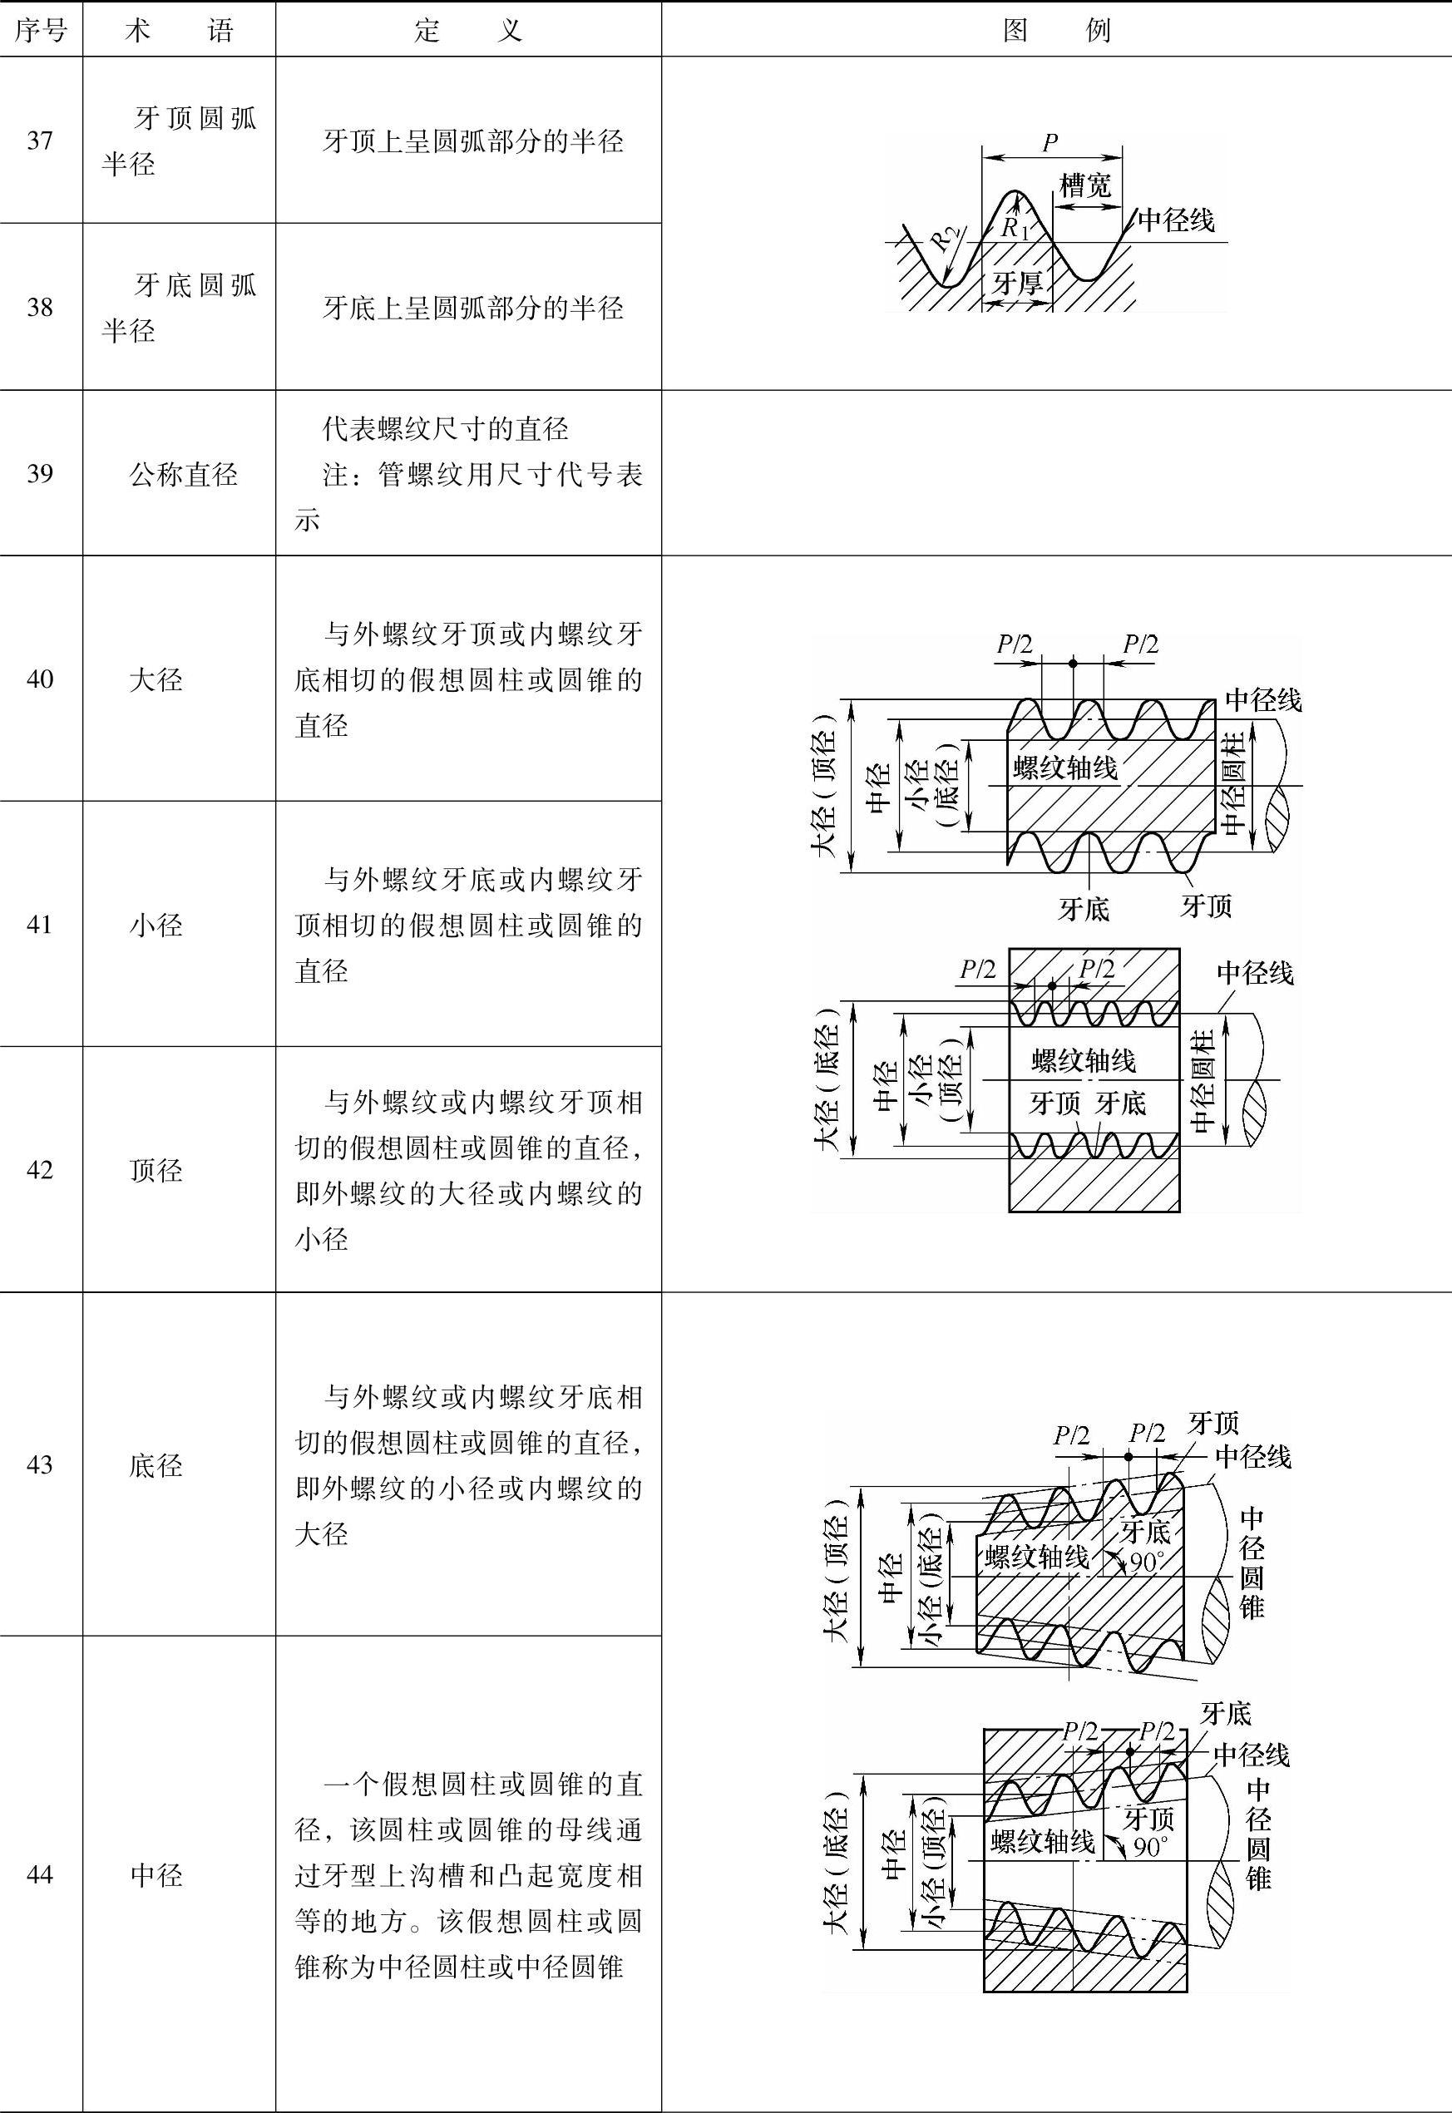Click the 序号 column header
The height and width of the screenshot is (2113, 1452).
[x=41, y=31]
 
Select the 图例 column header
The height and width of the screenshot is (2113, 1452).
[x=1056, y=31]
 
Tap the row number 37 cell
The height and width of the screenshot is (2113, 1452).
[x=40, y=141]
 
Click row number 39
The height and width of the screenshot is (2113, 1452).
[x=40, y=474]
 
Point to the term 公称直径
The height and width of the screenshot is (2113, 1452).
[x=183, y=474]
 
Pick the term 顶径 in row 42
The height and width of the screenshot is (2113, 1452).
[x=156, y=1170]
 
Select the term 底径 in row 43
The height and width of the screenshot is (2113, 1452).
[x=156, y=1465]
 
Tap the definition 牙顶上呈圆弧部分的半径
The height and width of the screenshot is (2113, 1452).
[x=473, y=141]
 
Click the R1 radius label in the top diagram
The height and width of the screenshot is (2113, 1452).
[x=1015, y=227]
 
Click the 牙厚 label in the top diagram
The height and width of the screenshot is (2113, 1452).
[x=1018, y=283]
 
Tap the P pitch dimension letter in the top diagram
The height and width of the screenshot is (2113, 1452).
[x=1049, y=142]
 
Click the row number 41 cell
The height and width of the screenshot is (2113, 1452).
[x=40, y=924]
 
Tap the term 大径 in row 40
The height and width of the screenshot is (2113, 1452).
[x=156, y=679]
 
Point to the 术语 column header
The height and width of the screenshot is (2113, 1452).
[x=180, y=31]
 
